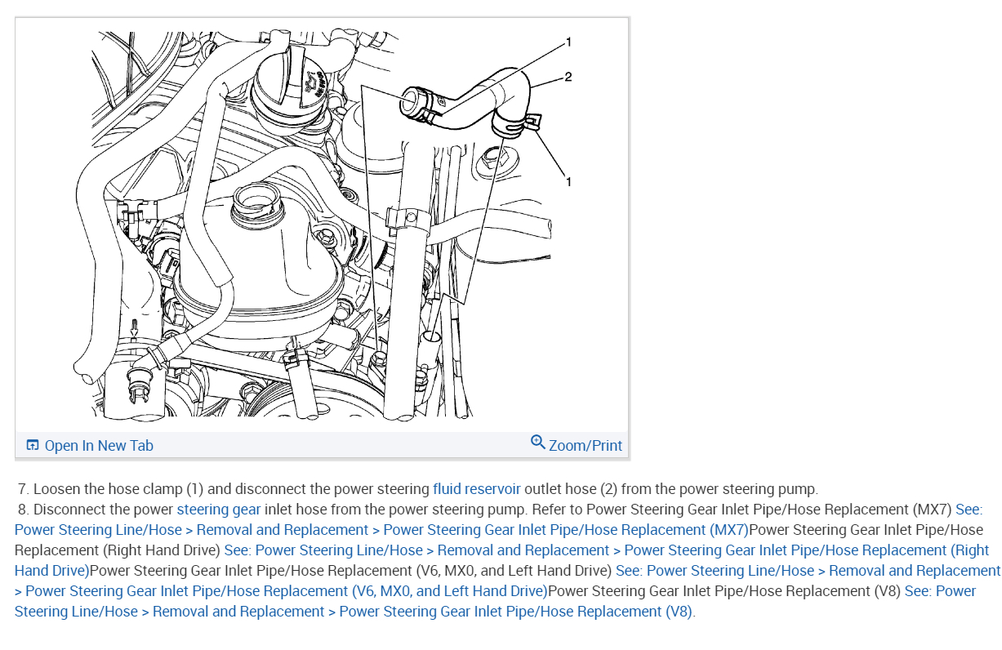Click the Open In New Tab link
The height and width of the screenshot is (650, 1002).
pyautogui.click(x=98, y=445)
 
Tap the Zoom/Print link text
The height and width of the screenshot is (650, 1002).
pyautogui.click(x=585, y=445)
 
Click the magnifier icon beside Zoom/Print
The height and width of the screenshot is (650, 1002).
pyautogui.click(x=537, y=443)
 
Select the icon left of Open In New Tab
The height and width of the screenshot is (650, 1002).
pyautogui.click(x=33, y=445)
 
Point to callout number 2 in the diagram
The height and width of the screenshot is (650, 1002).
pyautogui.click(x=568, y=77)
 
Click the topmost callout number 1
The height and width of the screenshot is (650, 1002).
pyautogui.click(x=568, y=41)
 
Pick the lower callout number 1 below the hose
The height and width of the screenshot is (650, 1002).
pyautogui.click(x=568, y=181)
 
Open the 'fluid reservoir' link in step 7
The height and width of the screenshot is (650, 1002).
pyautogui.click(x=476, y=489)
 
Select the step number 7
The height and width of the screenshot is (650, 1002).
pyautogui.click(x=23, y=489)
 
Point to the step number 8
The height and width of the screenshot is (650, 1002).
pyautogui.click(x=23, y=510)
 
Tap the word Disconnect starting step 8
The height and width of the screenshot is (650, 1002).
pyautogui.click(x=69, y=510)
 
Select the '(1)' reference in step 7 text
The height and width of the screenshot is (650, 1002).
pyautogui.click(x=194, y=489)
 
